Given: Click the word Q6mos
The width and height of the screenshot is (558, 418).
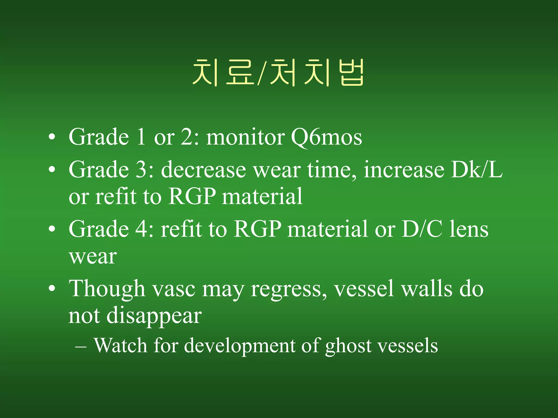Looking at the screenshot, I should tap(326, 137).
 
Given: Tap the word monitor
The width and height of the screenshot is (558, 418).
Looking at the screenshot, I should tap(245, 137).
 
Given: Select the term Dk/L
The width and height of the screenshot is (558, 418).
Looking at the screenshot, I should tap(477, 170).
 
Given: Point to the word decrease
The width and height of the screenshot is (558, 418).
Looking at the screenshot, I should tap(204, 170).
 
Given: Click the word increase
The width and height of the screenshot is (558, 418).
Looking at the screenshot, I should tap(404, 170).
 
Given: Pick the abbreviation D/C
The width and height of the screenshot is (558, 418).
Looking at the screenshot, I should tap(422, 229).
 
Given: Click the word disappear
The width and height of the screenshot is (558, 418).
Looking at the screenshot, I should tap(154, 316).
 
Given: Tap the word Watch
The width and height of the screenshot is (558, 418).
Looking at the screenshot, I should tap(120, 346).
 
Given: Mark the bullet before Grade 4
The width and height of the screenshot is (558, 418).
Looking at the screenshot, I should tap(52, 229).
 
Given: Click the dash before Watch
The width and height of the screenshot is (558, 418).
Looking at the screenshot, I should tap(81, 347).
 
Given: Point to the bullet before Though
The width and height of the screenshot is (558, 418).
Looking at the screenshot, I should tap(52, 288).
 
